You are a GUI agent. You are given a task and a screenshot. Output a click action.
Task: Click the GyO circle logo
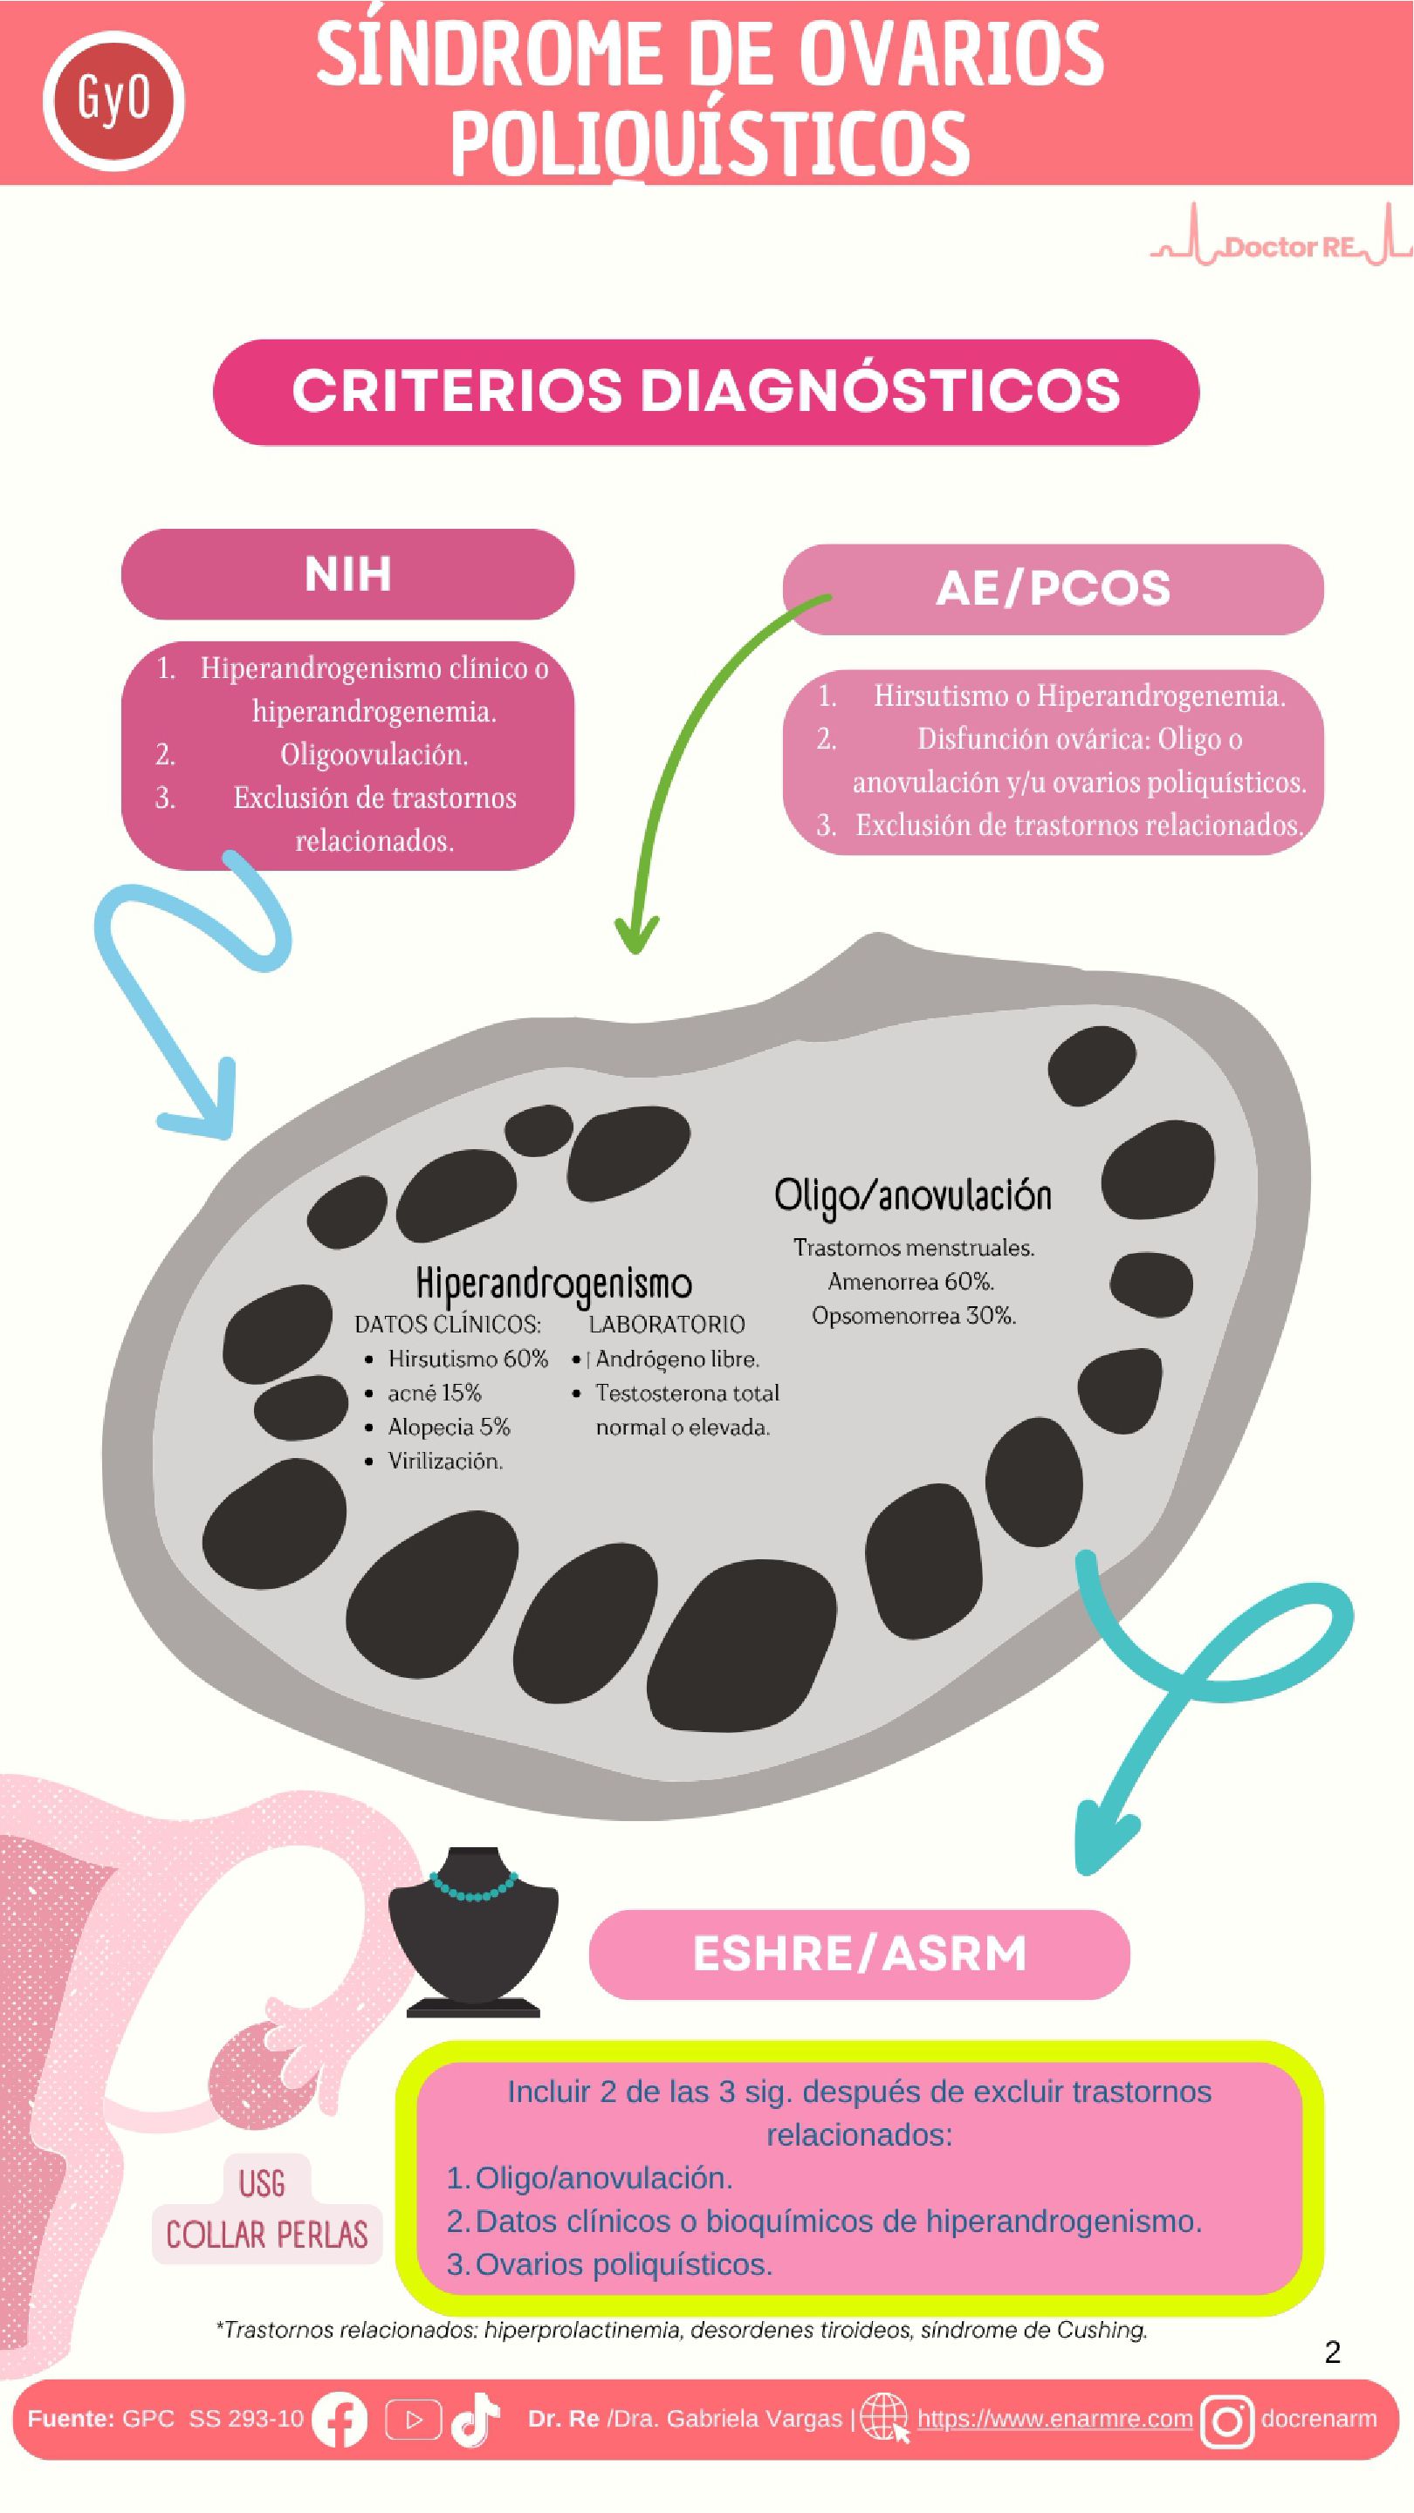113,100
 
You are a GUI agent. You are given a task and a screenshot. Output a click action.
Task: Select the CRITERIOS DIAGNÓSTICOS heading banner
705,392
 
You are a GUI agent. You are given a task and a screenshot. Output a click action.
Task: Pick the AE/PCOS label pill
1053,589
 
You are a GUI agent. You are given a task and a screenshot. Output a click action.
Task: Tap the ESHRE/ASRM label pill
859,1954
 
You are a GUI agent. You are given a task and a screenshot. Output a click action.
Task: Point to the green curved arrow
683,742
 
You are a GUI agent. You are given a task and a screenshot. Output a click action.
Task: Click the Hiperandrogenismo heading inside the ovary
553,1284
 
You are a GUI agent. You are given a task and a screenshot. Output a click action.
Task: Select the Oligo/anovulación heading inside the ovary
912,1196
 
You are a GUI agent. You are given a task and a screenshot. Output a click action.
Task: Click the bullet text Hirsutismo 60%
468,1359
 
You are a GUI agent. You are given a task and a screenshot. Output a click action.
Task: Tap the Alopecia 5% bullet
449,1428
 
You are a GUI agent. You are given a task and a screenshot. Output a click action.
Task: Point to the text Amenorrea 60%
910,1282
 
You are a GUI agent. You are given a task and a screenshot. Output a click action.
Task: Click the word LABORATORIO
667,1324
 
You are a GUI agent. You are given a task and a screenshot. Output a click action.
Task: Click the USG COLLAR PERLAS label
265,2209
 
